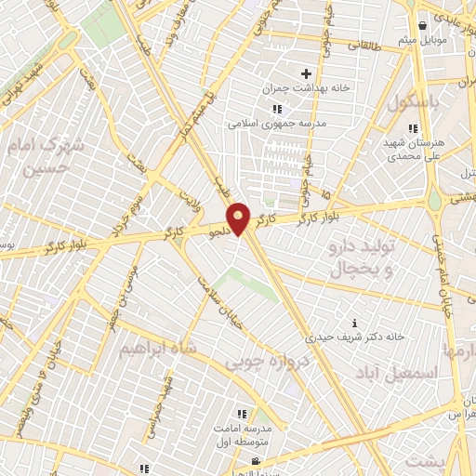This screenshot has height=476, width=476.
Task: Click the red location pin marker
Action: tap(239, 218)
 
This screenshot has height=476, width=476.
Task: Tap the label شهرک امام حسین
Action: tap(43, 157)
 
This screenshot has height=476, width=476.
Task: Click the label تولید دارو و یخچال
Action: tap(363, 258)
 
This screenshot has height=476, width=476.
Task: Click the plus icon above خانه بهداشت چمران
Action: tap(305, 73)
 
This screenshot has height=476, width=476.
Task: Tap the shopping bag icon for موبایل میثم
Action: tap(423, 25)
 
